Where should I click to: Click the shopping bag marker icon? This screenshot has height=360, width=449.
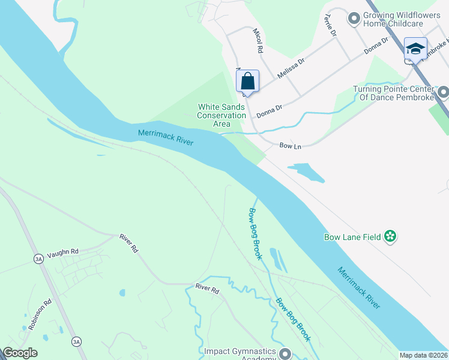point(247,81)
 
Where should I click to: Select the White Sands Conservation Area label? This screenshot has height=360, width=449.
point(221,115)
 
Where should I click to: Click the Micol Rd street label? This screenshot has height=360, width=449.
point(258,40)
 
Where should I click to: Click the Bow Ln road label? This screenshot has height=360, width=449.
point(290,145)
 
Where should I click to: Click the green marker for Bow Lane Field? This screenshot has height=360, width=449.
point(391,237)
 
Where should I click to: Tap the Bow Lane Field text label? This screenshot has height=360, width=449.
point(352,237)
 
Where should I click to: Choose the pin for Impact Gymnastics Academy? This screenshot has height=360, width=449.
point(285,354)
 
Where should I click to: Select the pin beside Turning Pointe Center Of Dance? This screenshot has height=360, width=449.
point(443,92)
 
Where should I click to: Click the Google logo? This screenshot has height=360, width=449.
point(20,353)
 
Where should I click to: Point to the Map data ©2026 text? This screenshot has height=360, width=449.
point(423,355)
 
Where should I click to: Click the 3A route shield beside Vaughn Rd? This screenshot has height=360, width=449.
point(39,259)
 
